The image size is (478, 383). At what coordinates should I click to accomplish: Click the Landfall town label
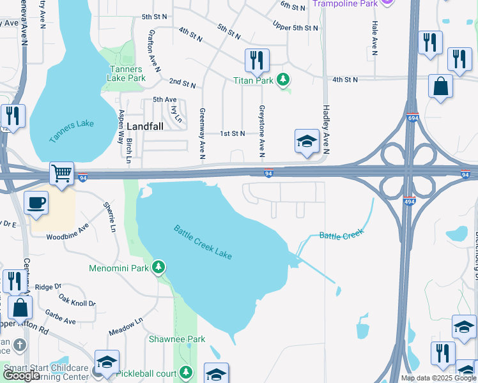pyautogui.click(x=145, y=126)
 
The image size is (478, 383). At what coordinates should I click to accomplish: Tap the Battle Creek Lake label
pyautogui.click(x=203, y=242)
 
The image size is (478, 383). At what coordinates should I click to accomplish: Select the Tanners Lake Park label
pyautogui.click(x=128, y=73)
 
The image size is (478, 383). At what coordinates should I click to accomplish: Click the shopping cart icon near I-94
pyautogui.click(x=61, y=172)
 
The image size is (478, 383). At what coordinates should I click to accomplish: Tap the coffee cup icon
pyautogui.click(x=36, y=202)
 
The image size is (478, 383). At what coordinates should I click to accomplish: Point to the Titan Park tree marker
pyautogui.click(x=282, y=80)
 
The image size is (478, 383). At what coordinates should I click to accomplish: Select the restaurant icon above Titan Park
pyautogui.click(x=257, y=61)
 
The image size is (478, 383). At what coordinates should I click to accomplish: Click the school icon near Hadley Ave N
pyautogui.click(x=307, y=141)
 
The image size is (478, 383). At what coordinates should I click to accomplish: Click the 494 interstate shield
pyautogui.click(x=410, y=202)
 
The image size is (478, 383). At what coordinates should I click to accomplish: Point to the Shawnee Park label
pyautogui.click(x=177, y=339)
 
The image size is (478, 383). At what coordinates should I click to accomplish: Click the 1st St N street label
pyautogui.click(x=233, y=133)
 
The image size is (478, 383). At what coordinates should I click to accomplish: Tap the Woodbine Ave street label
pyautogui.click(x=68, y=232)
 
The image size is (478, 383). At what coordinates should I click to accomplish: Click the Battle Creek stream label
pyautogui.click(x=341, y=234)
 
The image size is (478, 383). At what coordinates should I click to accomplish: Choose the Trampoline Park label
pyautogui.click(x=345, y=3)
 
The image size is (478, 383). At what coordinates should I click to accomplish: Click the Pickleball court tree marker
pyautogui.click(x=186, y=372)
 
